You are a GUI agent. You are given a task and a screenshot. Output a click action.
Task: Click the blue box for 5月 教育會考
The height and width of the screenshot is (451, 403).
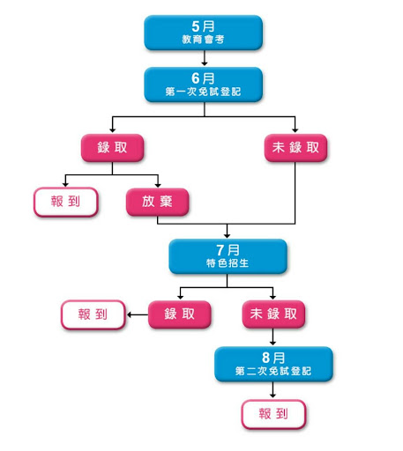[203, 33]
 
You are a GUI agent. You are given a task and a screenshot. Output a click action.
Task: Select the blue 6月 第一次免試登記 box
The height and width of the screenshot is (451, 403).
[203, 85]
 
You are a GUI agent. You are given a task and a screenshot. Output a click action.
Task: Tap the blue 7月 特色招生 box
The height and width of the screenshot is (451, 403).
[228, 256]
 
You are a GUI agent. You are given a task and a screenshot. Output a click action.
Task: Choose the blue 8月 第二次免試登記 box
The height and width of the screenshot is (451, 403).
[273, 364]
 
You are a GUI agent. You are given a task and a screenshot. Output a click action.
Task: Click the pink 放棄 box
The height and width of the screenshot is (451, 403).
[157, 202]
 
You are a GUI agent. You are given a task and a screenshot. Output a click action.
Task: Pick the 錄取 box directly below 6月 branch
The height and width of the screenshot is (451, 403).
[112, 148]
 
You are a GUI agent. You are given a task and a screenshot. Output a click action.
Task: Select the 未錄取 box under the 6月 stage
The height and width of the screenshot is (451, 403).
[295, 148]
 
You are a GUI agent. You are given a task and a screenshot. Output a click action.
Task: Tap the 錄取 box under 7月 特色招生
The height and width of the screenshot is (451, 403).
[179, 314]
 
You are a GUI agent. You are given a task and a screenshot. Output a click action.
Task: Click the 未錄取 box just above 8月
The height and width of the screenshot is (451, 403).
[273, 314]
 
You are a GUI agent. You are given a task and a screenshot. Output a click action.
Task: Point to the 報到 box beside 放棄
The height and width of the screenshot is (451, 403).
[65, 202]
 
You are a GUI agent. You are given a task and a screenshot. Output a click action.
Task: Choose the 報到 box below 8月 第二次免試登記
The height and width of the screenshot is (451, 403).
[273, 414]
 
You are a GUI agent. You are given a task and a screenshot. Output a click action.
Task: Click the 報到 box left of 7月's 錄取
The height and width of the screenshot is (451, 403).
[93, 314]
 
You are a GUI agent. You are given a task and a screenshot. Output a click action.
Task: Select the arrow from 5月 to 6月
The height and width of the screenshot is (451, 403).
[205, 58]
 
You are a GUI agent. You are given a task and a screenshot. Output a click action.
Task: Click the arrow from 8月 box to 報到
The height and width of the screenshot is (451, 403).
[272, 389]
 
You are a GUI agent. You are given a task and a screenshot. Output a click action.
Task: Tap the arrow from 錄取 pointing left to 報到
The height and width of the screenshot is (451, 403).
[138, 314]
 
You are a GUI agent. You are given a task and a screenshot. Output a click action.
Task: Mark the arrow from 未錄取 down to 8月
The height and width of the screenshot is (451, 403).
[272, 336]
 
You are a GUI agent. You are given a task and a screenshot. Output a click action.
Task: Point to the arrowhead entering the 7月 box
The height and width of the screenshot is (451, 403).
[227, 235]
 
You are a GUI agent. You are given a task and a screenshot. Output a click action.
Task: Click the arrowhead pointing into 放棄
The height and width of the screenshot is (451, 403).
[158, 185]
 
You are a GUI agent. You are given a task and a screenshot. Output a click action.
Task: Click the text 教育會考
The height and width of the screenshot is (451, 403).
[203, 40]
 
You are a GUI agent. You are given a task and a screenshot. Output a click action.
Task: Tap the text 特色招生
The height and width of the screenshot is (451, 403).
[228, 263]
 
